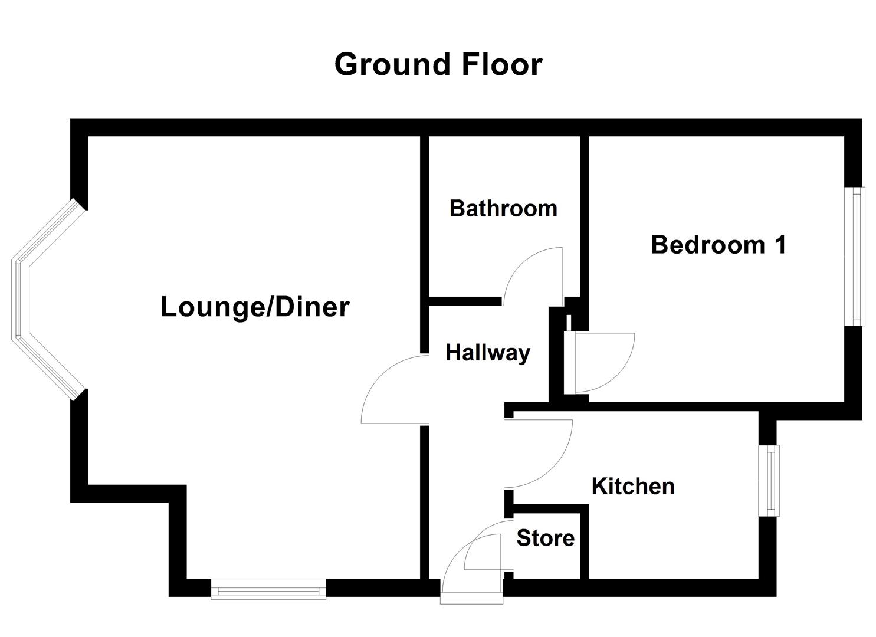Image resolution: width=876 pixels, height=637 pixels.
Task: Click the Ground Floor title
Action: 438,64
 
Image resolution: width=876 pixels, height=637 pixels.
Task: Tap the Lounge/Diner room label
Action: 255,307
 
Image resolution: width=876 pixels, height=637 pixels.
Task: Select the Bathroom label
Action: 503,208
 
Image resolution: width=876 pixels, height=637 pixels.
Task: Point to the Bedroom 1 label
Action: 718,245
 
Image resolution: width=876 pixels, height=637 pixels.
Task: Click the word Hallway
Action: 488,353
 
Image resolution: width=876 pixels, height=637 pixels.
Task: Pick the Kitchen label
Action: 633,487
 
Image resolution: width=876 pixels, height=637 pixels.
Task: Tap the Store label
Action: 545,538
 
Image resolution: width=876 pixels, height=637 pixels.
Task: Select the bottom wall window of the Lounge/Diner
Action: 268,589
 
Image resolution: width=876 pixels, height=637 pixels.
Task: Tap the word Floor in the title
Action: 501,64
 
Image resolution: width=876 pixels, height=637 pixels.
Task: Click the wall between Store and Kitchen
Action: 585,543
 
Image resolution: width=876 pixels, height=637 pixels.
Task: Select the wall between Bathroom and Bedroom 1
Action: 584,218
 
